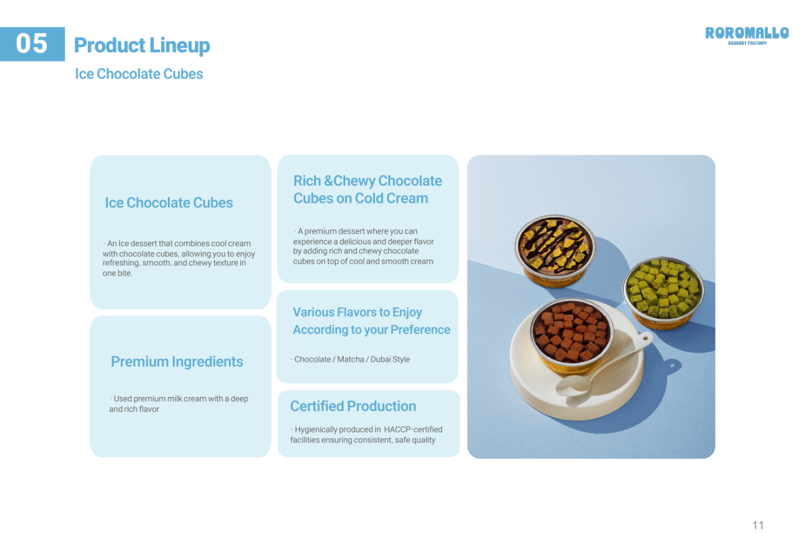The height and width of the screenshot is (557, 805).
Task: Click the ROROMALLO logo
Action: coord(746,35)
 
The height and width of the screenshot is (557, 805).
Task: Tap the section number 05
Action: coord(32,44)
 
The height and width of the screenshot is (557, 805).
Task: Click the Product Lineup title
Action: coord(142,46)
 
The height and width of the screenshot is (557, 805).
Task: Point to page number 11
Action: coord(758,525)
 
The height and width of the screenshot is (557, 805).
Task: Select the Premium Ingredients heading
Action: coord(177,362)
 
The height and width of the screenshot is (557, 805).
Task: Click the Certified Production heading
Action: coord(353,406)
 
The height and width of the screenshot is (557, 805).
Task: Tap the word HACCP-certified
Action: coord(413,429)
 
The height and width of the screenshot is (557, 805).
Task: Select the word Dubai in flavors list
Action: coord(381,360)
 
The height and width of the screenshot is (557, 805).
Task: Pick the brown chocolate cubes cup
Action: coord(572,334)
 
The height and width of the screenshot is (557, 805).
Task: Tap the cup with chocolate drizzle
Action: coord(555,248)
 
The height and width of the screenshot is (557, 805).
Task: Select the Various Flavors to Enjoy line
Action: coord(357,313)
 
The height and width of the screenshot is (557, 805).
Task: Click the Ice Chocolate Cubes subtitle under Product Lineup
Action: coord(139,74)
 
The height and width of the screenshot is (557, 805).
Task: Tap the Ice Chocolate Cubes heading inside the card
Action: coord(169,203)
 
